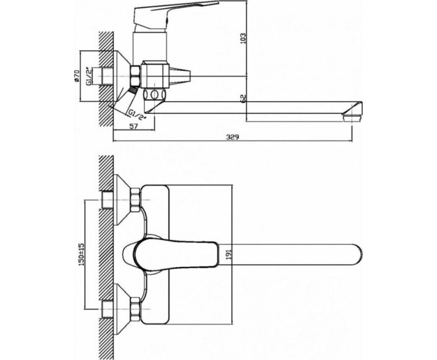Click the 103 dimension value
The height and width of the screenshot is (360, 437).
tap(243, 38)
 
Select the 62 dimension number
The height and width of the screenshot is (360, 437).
tap(243, 98)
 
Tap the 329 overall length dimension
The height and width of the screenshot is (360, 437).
tap(232, 137)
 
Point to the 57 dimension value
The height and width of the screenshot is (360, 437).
tap(134, 126)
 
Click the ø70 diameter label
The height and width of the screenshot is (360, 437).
tap(77, 76)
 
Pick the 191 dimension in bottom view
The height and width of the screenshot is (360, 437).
tap(229, 255)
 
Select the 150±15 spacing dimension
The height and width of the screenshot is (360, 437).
tap(81, 255)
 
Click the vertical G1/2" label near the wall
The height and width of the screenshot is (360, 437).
tap(88, 76)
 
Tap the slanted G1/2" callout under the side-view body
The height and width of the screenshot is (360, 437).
tap(137, 114)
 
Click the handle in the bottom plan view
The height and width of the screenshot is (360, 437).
tap(176, 255)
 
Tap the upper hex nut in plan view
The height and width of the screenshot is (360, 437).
tap(135, 200)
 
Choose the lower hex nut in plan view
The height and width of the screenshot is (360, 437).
tap(135, 309)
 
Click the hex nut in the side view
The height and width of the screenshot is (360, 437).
tap(135, 76)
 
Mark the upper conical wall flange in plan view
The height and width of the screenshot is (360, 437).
tap(122, 200)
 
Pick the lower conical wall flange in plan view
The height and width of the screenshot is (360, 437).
tap(122, 309)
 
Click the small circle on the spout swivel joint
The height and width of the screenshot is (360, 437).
tap(154, 95)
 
